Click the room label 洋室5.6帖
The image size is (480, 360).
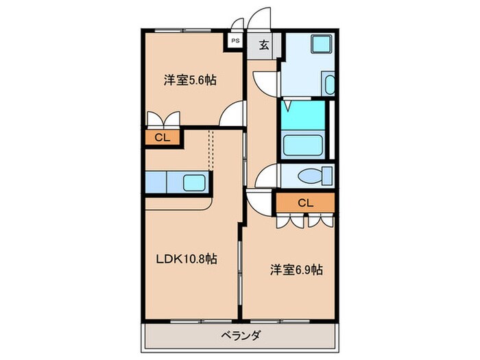[190, 80]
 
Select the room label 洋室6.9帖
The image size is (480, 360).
[295, 269]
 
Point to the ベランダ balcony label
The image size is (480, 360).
[239, 337]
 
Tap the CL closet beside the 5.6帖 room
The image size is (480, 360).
[162, 138]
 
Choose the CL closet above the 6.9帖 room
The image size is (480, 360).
[305, 202]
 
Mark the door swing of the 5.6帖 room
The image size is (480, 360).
[234, 114]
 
